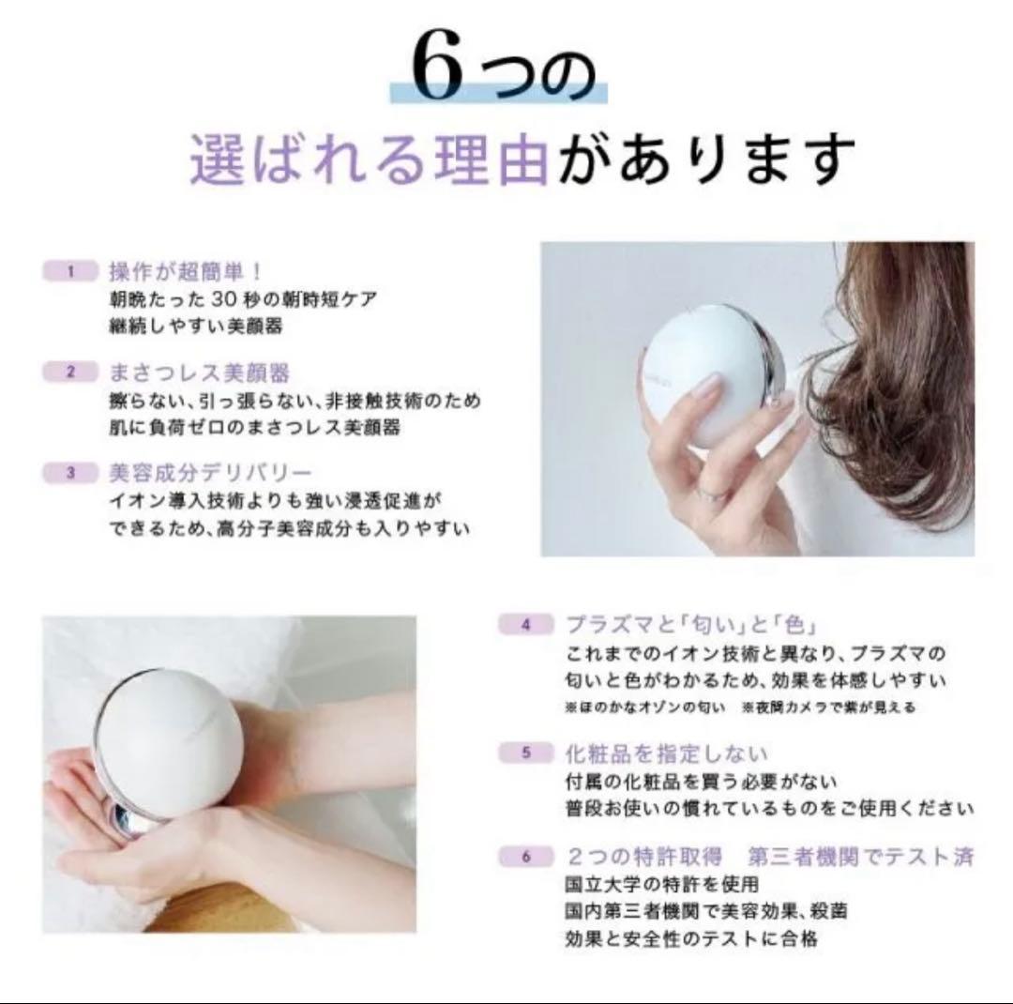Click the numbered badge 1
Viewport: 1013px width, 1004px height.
70,272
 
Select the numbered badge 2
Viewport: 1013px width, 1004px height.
70,373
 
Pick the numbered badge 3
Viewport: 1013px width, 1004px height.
70,473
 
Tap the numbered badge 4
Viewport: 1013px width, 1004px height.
525,625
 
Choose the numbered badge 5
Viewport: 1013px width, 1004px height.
525,753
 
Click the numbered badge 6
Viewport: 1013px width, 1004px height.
525,856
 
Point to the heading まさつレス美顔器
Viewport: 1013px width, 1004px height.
200,373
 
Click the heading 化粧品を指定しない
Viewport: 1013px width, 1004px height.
667,753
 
